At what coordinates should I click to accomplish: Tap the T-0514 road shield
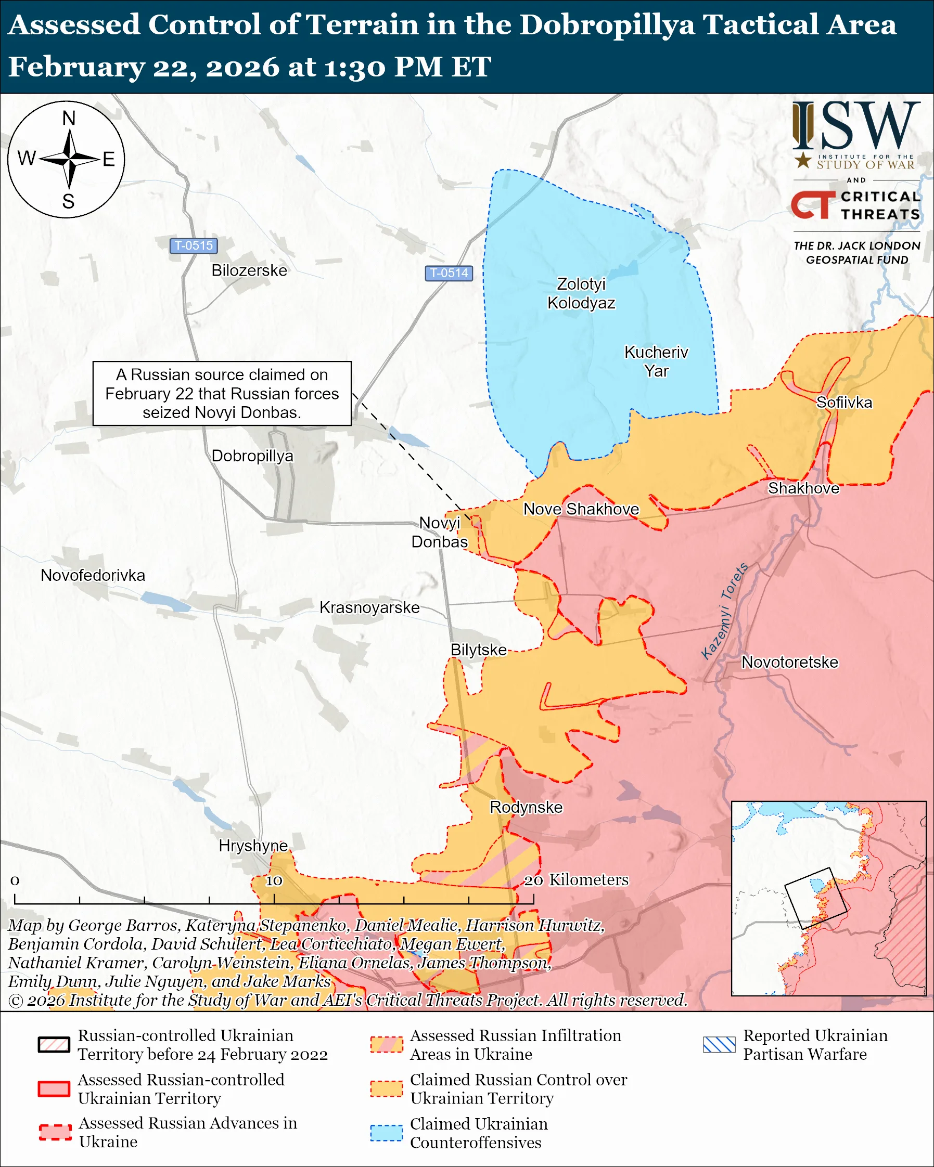coord(449,273)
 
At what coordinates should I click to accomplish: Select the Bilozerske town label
coord(249,270)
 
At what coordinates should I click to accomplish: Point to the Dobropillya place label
coord(252,456)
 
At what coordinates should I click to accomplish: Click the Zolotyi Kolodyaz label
coord(581,293)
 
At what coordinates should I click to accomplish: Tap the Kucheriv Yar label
coord(656,361)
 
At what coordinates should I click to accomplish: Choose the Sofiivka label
coord(843,402)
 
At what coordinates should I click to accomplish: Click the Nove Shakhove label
coord(581,509)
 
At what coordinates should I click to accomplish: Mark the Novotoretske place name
coord(789,662)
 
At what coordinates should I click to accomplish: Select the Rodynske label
coord(526,807)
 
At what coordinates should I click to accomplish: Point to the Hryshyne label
coord(253,846)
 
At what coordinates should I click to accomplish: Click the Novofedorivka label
coord(93,575)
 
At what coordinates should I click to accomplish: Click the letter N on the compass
coord(69,119)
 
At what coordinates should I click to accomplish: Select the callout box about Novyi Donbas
coord(222,394)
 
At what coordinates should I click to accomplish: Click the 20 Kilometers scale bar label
coord(576,880)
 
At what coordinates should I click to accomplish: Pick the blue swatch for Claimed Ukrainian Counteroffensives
coord(386,1133)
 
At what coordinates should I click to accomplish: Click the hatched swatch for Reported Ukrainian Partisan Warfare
coord(719,1045)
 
